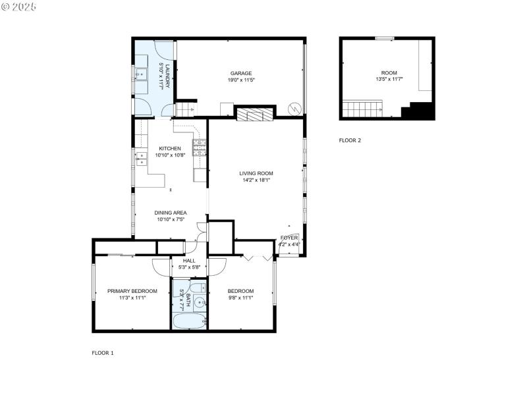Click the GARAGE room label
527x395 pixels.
coord(240,73)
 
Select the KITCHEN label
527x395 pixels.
coord(169,149)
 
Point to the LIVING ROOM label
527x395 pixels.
coord(256,173)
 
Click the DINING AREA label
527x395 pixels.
coord(171,213)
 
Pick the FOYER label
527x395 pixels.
coord(289,237)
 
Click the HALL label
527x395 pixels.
coord(189,260)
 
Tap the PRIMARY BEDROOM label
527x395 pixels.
coord(132,291)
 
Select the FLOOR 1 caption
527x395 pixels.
coord(102,353)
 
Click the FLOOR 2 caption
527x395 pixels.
coord(350,140)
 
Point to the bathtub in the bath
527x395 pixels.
coord(189,322)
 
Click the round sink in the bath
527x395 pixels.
coord(197,303)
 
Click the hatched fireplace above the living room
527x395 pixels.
coord(254,115)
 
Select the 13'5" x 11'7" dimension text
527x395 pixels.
coord(389,79)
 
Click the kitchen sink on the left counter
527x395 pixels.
coord(140,158)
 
